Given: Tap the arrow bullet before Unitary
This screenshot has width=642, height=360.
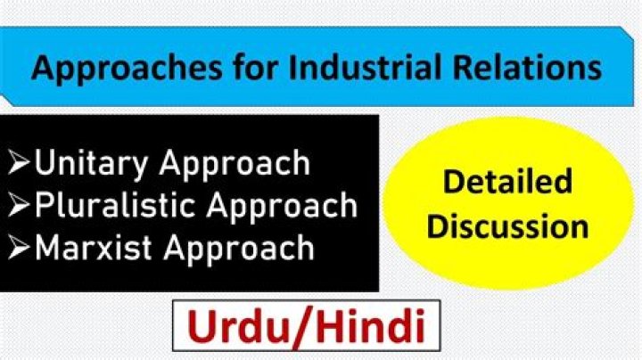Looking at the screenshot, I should pos(19,164).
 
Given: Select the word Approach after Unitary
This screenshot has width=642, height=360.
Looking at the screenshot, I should pos(239,164).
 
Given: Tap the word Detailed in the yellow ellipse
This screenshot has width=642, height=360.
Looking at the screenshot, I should pos(507,183).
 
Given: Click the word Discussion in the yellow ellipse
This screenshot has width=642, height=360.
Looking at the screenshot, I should pos(507,225).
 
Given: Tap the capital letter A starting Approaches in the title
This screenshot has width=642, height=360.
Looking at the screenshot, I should pos(41,68).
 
